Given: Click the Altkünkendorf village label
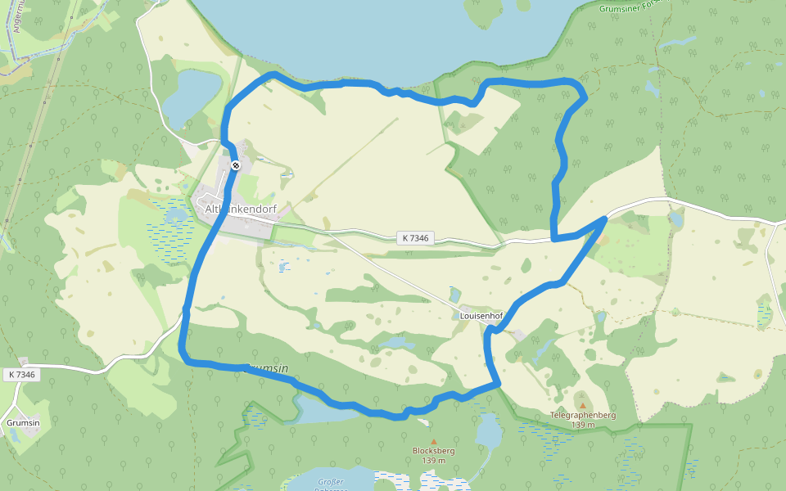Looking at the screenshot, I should pyautogui.click(x=242, y=209).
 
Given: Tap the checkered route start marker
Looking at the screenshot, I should pyautogui.click(x=235, y=166).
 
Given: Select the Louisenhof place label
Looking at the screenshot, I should pyautogui.click(x=481, y=315).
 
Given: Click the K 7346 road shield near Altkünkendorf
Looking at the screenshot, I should pyautogui.click(x=415, y=238).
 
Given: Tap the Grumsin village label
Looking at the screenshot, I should pyautogui.click(x=23, y=422).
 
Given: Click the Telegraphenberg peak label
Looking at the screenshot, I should pyautogui.click(x=582, y=415).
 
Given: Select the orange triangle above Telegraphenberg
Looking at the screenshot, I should pyautogui.click(x=582, y=404).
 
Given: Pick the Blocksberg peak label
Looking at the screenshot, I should pyautogui.click(x=434, y=450).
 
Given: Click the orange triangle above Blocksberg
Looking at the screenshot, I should pyautogui.click(x=434, y=441).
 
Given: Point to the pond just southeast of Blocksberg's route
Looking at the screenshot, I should pyautogui.click(x=489, y=430).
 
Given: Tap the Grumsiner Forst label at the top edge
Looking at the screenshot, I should pyautogui.click(x=630, y=7).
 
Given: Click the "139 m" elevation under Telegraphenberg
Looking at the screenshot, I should pyautogui.click(x=582, y=425).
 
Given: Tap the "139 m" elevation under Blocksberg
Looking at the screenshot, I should pyautogui.click(x=434, y=460).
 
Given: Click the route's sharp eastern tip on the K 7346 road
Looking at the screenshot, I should pyautogui.click(x=605, y=218).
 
